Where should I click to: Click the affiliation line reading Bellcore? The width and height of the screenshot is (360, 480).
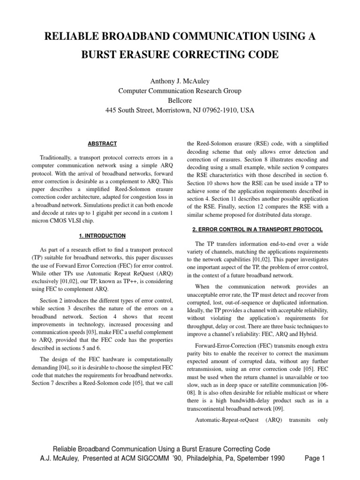click(180, 100)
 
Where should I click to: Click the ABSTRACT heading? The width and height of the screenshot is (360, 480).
click(103, 143)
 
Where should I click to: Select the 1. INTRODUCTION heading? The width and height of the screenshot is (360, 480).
click(103, 235)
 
